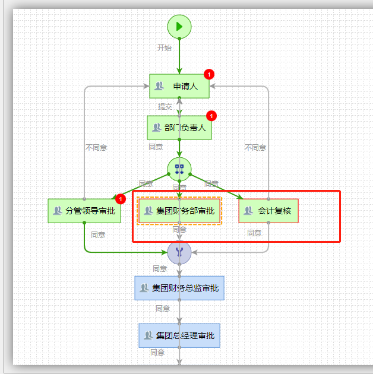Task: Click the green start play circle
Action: (179, 26)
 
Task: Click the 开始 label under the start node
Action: (164, 47)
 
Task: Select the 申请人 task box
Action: (179, 86)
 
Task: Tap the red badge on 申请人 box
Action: (208, 74)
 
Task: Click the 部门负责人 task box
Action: (179, 127)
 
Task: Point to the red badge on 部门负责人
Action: (211, 116)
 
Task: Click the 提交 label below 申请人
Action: (165, 107)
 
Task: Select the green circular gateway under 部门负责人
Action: (179, 169)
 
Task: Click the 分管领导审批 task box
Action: (84, 210)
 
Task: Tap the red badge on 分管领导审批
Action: (121, 199)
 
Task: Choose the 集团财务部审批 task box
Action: (179, 210)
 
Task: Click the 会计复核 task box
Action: (268, 210)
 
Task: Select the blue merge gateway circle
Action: (179, 252)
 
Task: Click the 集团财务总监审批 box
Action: (179, 288)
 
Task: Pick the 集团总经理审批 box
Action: (179, 335)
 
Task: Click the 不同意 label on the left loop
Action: (96, 148)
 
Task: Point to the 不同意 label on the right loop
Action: (255, 148)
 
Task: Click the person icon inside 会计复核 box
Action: (248, 210)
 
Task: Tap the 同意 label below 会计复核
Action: (254, 233)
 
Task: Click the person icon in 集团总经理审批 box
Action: (148, 335)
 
